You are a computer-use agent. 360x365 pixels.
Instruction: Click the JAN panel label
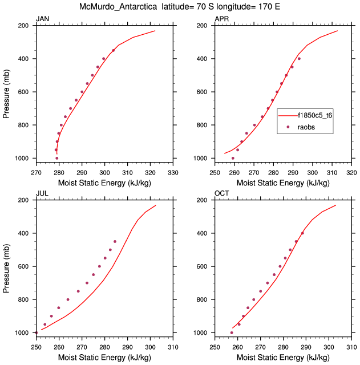(42, 19)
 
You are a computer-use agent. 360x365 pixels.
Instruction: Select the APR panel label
(221, 19)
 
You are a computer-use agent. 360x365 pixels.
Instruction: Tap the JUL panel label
(42, 194)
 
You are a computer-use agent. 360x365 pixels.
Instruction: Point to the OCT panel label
(221, 194)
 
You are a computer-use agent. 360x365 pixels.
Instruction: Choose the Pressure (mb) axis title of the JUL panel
(7, 267)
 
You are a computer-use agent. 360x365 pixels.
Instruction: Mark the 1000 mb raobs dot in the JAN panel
(56, 158)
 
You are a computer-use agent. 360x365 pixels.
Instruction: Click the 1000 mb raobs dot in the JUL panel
(36, 332)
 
